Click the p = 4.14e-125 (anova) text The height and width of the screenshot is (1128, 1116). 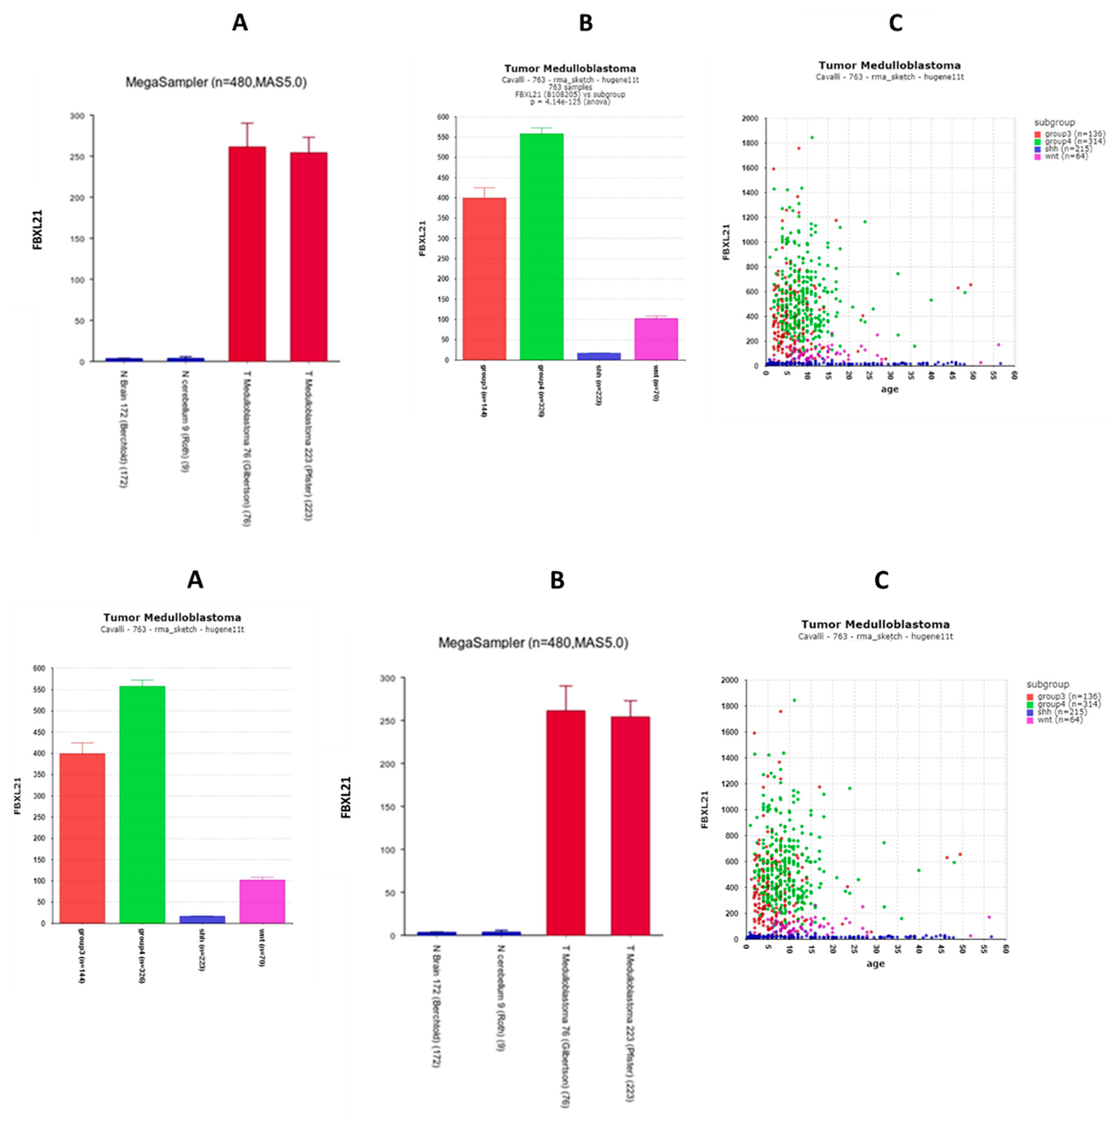570,102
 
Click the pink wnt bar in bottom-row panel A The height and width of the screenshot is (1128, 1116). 262,901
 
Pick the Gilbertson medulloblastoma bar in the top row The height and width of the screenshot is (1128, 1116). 247,254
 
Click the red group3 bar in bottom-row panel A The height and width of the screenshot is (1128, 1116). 82,838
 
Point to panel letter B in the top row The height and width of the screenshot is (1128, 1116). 586,23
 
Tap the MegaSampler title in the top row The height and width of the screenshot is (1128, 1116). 216,82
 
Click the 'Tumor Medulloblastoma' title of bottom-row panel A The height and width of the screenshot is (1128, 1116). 172,617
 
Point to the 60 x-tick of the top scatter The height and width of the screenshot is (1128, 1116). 1014,376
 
